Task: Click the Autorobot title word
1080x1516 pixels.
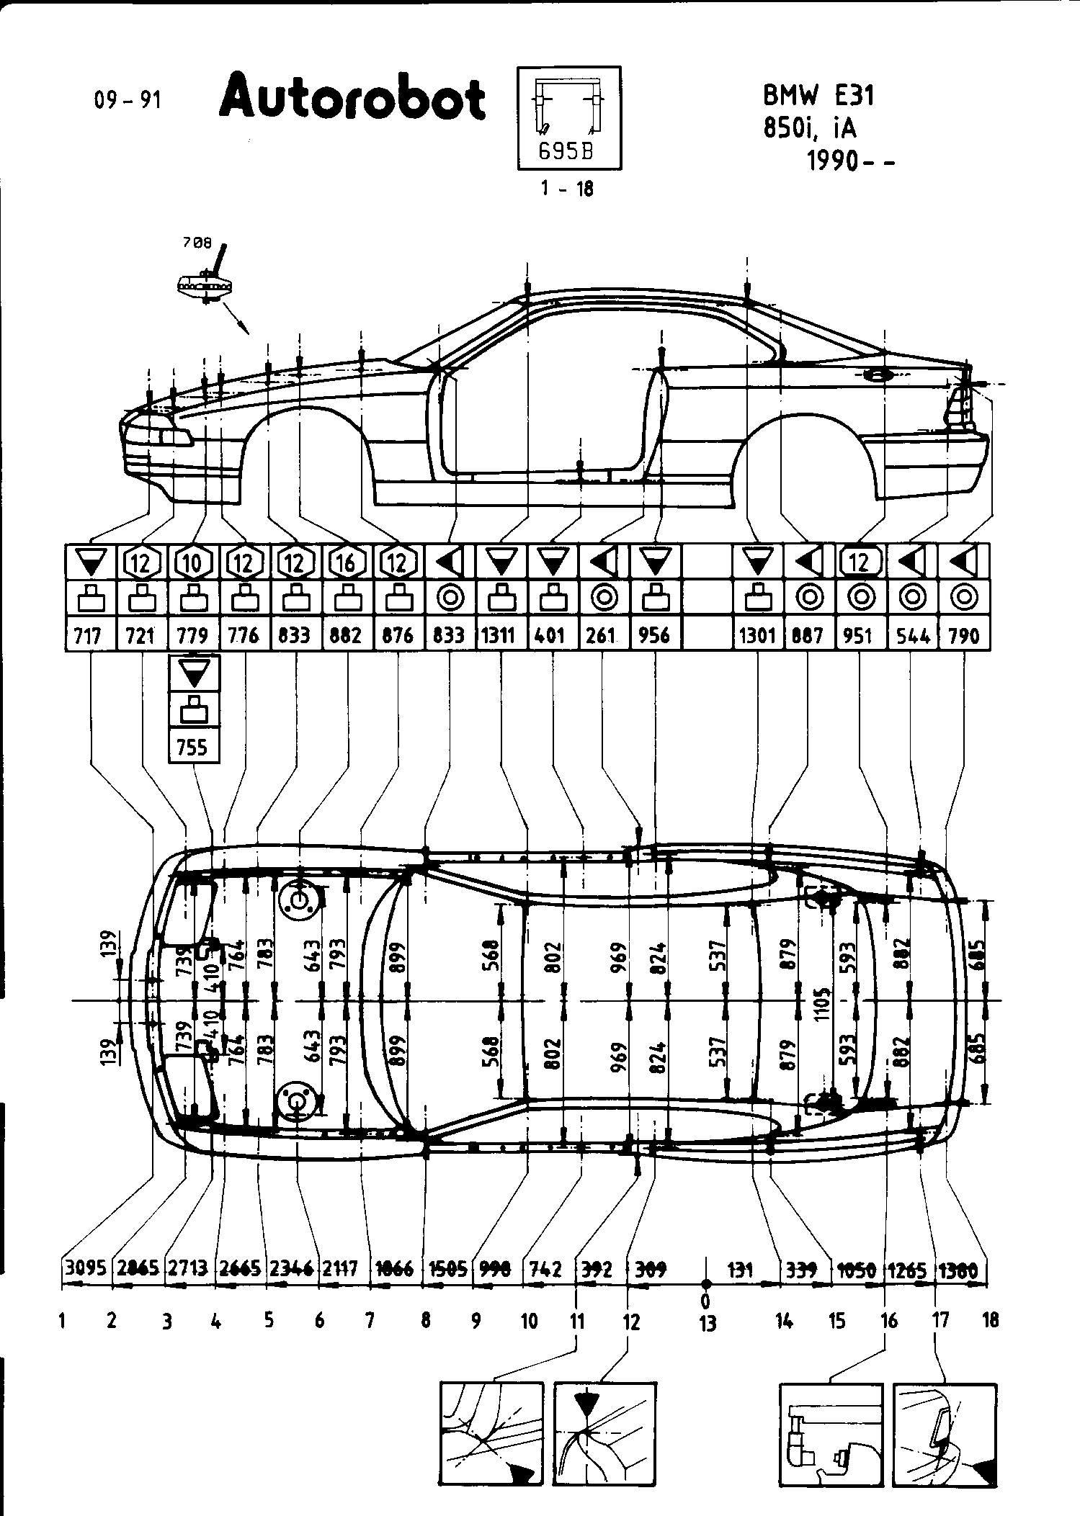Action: [353, 99]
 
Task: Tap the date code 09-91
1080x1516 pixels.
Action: [128, 100]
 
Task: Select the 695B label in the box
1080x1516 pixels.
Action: [569, 152]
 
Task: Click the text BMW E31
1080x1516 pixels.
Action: [818, 96]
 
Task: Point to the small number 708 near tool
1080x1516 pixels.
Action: [197, 243]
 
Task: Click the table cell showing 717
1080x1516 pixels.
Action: [90, 635]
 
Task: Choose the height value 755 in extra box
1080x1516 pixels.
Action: [192, 747]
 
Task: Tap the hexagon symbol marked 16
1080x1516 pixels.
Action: [347, 562]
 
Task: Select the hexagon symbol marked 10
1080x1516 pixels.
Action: [192, 562]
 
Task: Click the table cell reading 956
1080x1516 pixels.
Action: [655, 635]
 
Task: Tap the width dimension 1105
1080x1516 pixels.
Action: [823, 1000]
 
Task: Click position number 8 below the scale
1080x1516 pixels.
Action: [426, 1321]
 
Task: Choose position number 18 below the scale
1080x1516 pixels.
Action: [991, 1320]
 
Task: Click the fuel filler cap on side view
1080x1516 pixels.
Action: [877, 374]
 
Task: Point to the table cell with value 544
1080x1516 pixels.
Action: [912, 635]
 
